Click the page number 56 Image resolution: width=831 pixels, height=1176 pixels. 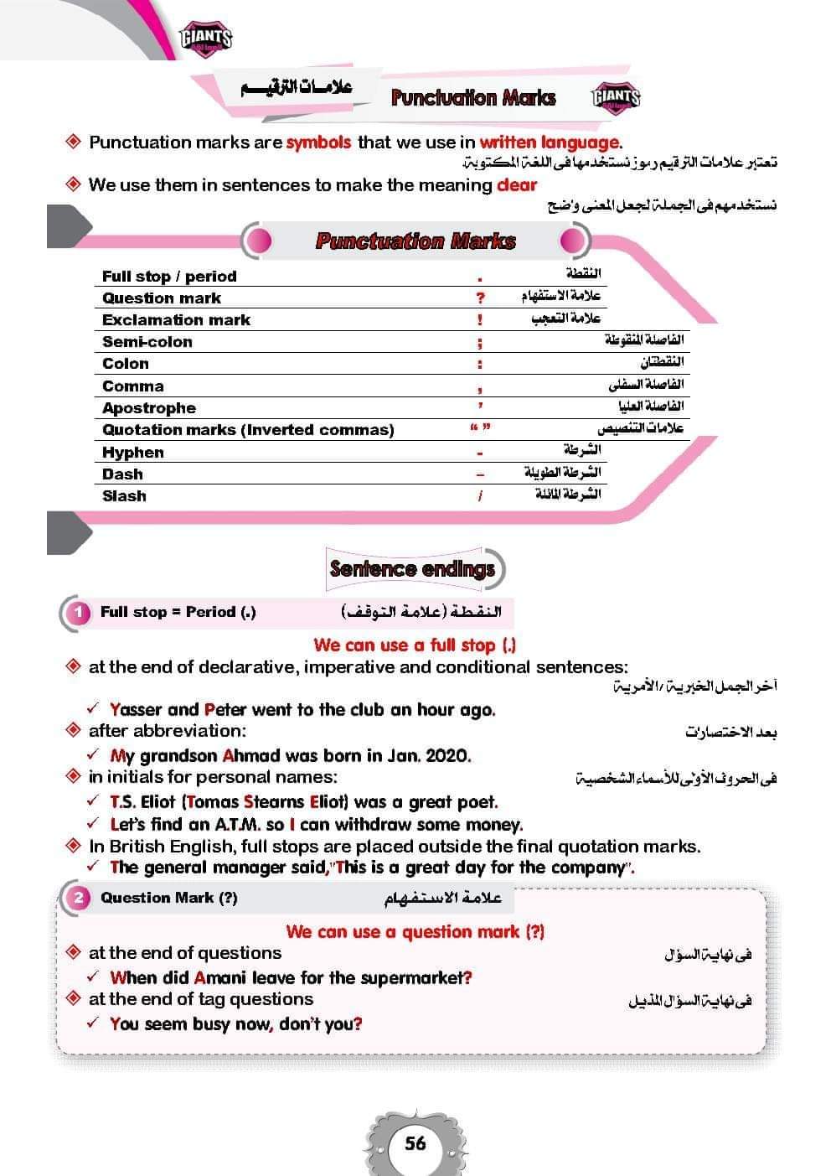click(x=415, y=1143)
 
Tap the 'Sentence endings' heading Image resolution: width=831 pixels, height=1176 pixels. click(x=412, y=569)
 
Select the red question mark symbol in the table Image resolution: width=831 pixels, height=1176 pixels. click(x=480, y=298)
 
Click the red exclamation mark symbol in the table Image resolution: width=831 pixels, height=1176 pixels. click(x=480, y=319)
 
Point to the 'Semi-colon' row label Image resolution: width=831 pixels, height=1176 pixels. click(x=147, y=342)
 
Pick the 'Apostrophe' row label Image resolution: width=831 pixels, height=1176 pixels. click(x=149, y=408)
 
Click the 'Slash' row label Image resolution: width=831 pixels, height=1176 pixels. click(x=124, y=496)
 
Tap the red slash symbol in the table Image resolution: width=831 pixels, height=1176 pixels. click(x=480, y=496)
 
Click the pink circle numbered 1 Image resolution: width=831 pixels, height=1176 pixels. click(x=79, y=613)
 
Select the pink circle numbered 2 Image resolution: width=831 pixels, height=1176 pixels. click(x=79, y=899)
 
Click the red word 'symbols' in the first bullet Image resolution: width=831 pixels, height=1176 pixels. click(x=318, y=142)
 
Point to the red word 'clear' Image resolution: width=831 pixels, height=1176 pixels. click(x=517, y=185)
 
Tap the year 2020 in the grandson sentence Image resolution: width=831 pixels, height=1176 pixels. click(x=447, y=756)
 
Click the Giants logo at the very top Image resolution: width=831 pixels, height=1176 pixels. click(x=205, y=37)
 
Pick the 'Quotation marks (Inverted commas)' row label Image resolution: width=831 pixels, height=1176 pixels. click(x=248, y=430)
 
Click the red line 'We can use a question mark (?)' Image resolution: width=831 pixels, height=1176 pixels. click(x=415, y=932)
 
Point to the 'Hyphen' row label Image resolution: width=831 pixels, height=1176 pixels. click(x=132, y=453)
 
